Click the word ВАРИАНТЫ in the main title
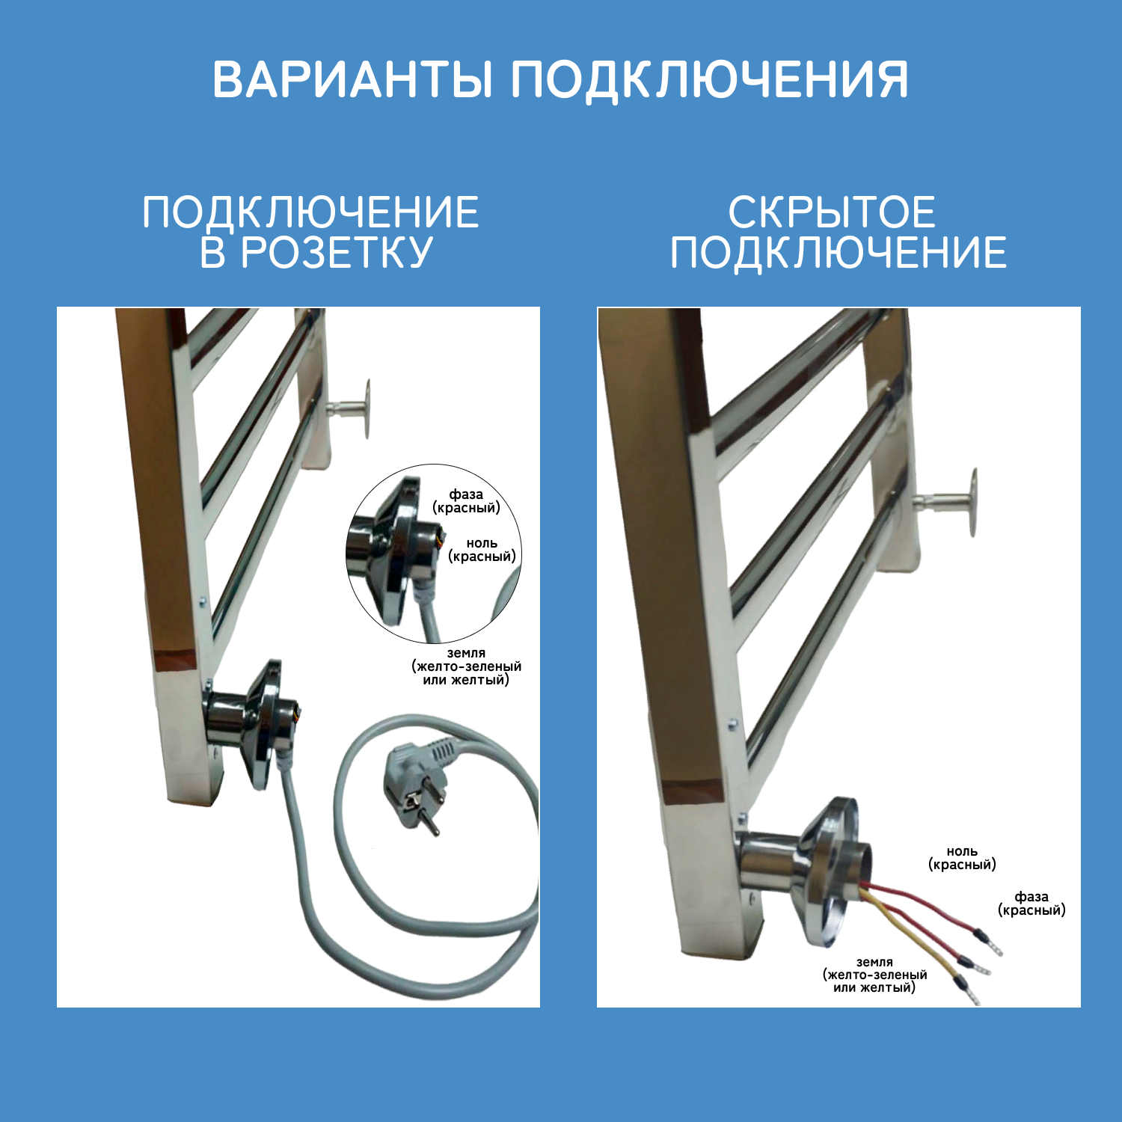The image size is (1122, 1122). coord(352,79)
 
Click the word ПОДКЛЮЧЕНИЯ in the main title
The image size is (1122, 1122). coord(709,79)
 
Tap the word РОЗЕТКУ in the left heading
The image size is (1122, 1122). coord(337,251)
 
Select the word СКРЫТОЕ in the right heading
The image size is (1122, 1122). coord(832,212)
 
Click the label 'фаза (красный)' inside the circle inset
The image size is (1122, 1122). coord(466,501)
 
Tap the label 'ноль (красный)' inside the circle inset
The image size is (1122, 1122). coord(482,550)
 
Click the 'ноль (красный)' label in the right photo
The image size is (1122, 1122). coord(962,858)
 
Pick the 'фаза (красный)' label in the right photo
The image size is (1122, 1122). coord(1031,903)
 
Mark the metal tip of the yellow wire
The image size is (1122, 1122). coord(970,995)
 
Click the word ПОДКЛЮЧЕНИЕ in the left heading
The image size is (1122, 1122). coord(310,212)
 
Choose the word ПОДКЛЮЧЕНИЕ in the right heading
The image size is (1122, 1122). coord(838,252)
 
